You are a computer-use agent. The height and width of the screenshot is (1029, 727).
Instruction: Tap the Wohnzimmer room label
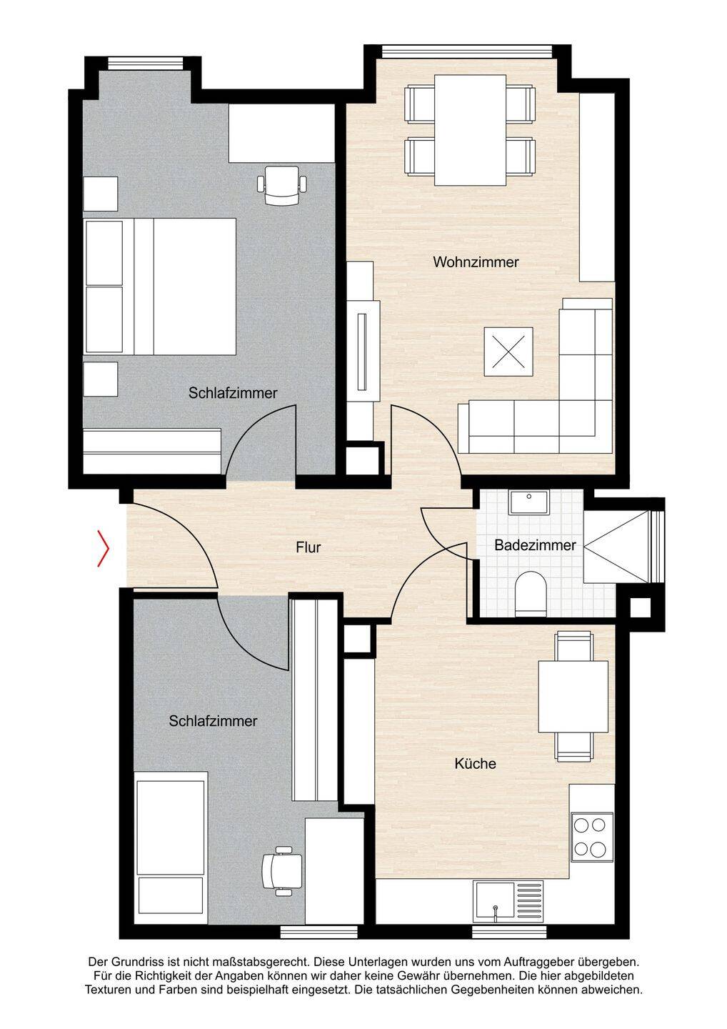[476, 262]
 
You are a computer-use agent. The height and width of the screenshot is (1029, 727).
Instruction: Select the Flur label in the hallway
[308, 547]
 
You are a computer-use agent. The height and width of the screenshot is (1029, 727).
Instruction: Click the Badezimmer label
[535, 545]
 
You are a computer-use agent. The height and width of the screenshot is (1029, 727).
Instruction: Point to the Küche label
[475, 763]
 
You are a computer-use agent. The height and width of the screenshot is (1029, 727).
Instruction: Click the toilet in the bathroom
[531, 594]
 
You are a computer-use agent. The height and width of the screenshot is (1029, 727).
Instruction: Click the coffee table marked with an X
[508, 352]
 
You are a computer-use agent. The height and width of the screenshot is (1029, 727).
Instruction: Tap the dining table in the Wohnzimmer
[470, 130]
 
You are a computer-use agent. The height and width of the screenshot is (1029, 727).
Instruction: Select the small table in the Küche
[573, 697]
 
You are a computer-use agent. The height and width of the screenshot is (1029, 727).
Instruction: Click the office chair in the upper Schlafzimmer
[282, 185]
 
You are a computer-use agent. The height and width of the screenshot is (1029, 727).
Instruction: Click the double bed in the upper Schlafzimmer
[160, 286]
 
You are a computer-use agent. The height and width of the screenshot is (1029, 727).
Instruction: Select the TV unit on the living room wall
[363, 352]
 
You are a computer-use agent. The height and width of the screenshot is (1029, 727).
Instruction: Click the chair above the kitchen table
[573, 646]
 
